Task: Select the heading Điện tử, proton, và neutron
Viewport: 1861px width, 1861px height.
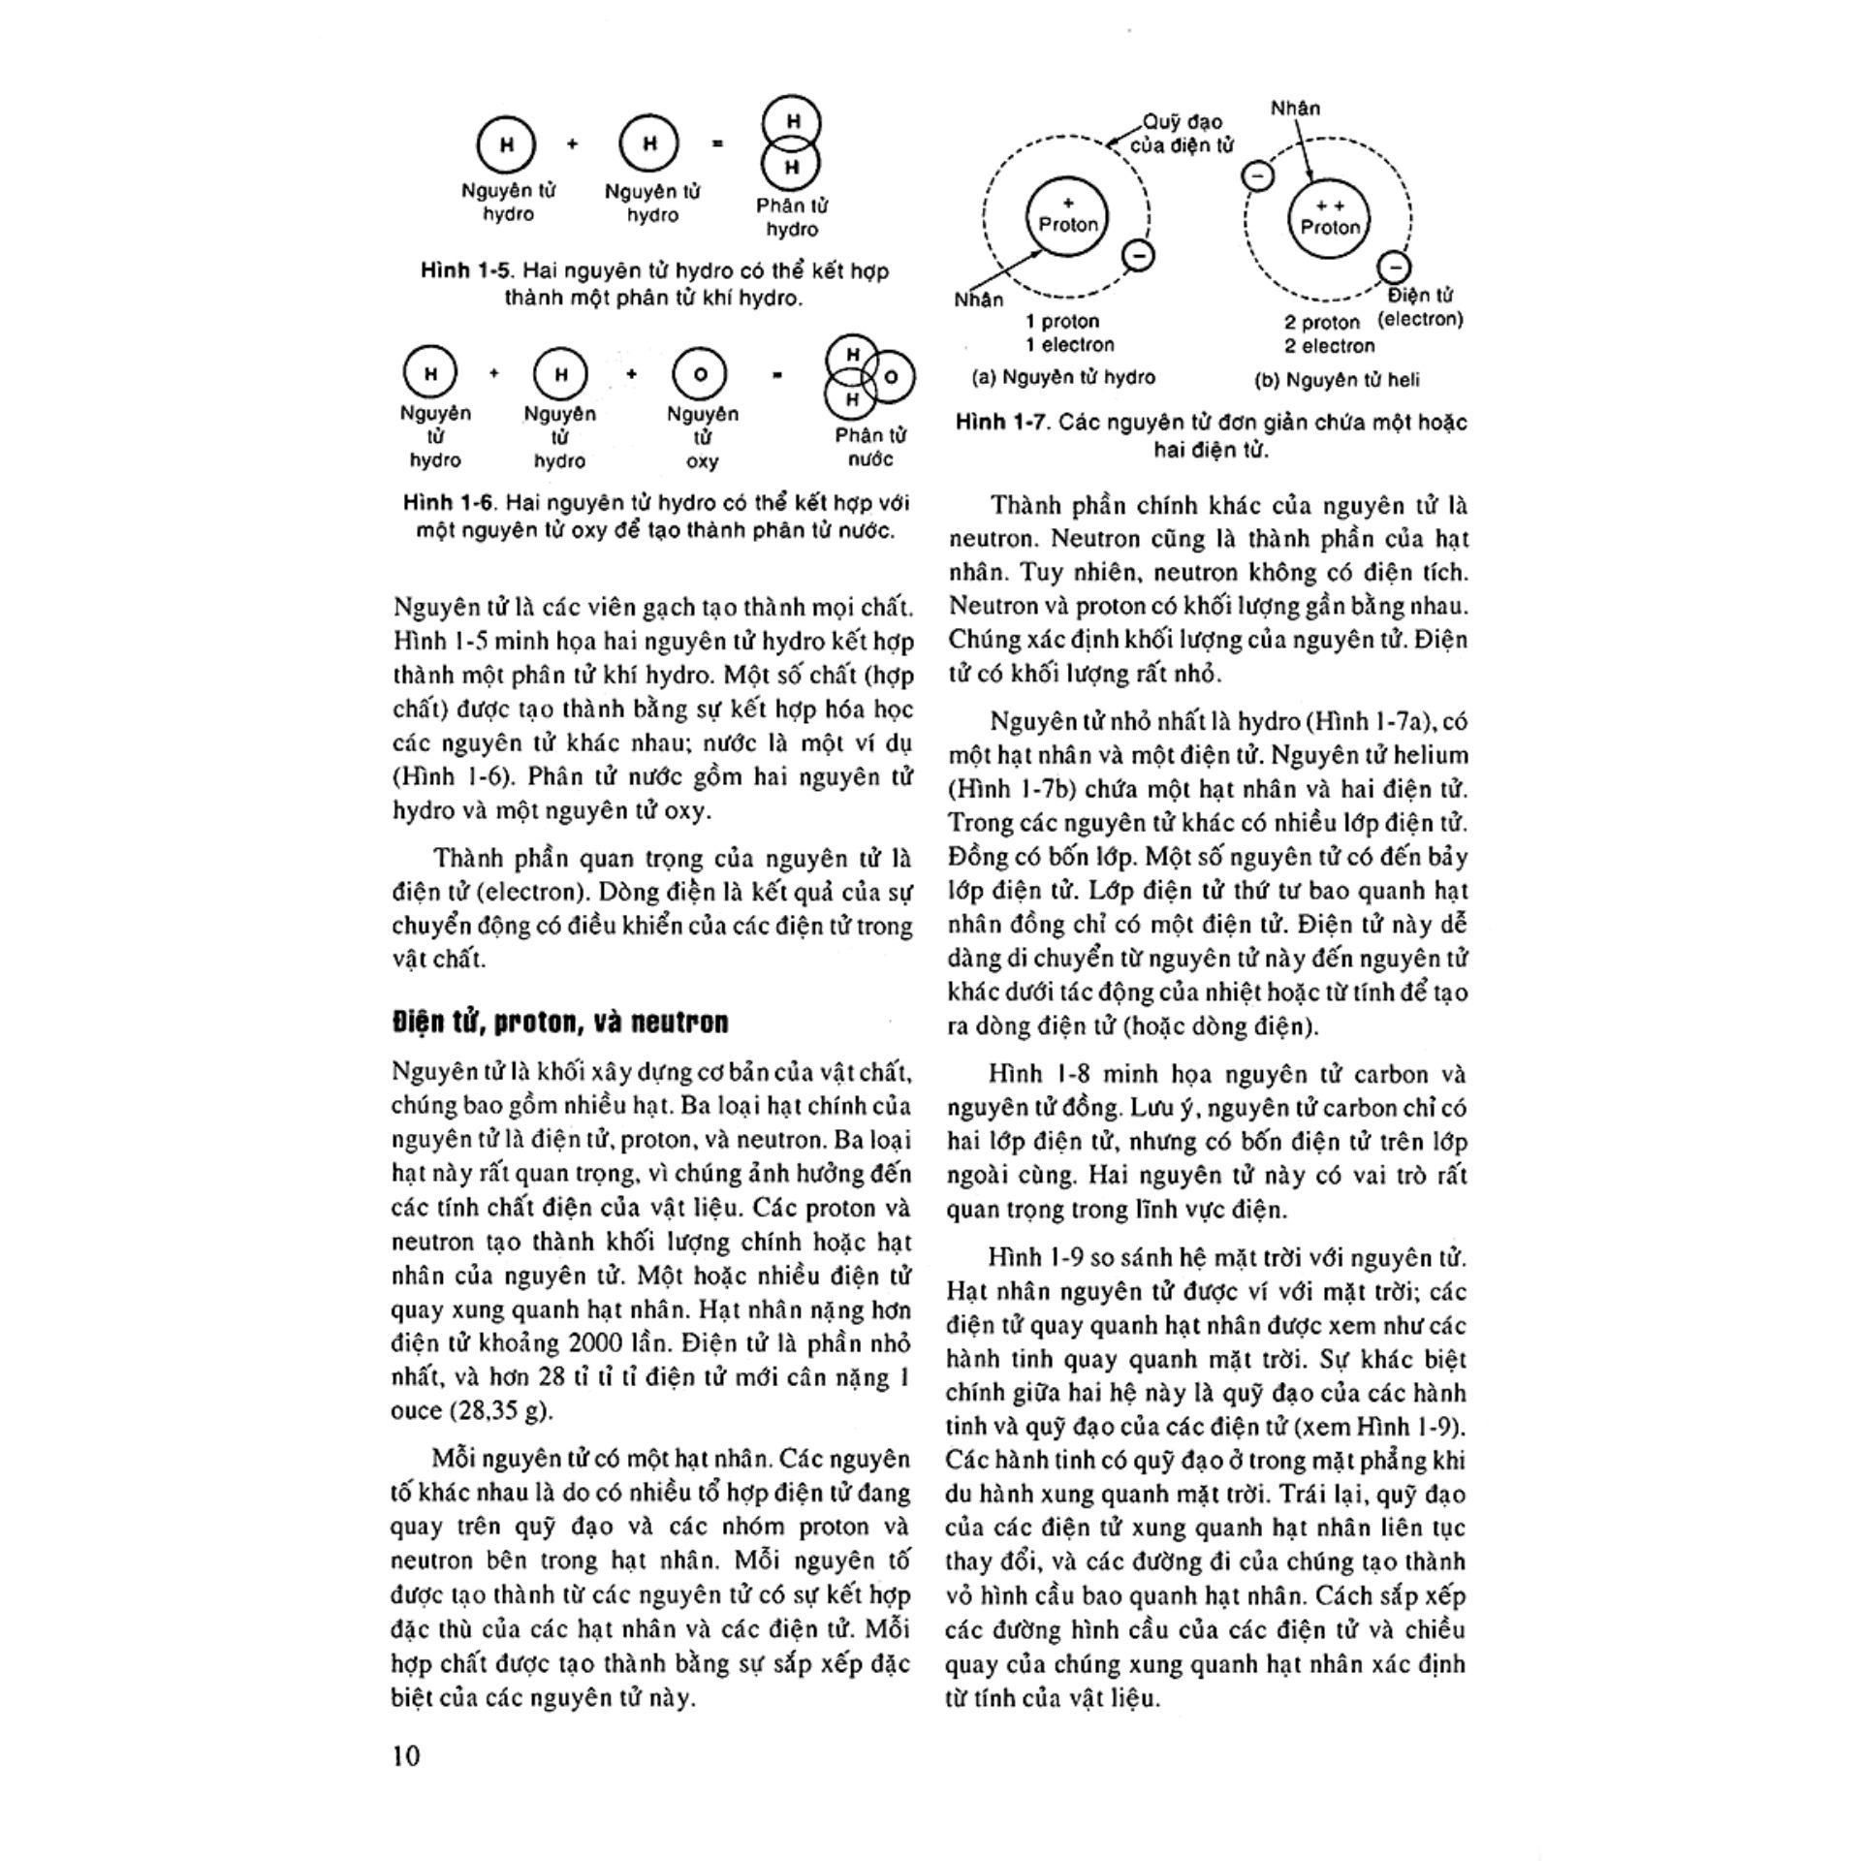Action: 560,1023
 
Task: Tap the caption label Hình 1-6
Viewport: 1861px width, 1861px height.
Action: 449,502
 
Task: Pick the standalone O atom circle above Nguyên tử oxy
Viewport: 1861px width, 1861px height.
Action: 700,374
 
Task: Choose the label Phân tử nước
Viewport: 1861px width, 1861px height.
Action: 870,447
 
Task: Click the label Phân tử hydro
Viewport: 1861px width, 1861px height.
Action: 792,217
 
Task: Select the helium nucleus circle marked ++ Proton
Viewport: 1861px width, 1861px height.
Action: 1330,219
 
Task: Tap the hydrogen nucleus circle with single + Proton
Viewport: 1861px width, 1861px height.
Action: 1068,217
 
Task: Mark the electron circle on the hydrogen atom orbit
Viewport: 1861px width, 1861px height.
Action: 1138,256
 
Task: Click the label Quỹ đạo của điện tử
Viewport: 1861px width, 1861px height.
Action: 1183,134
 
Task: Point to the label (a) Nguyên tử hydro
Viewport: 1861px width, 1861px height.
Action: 1063,378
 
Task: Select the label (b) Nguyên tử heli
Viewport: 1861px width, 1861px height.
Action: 1337,380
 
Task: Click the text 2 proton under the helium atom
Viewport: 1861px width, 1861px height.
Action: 1322,323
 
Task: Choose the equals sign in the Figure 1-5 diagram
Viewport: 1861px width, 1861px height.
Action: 718,143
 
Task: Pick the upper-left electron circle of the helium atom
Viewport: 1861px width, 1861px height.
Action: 1258,176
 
